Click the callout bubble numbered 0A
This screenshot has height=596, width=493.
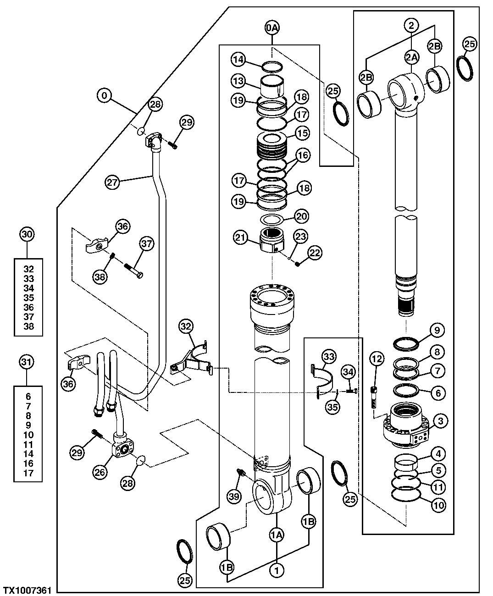[x=272, y=28]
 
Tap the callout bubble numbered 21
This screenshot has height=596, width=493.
[x=240, y=237]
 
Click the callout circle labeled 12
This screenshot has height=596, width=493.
[x=377, y=359]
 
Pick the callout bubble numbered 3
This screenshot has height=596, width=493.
[x=439, y=420]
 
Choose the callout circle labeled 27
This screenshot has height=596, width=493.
[x=112, y=182]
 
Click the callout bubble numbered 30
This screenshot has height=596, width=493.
[x=27, y=234]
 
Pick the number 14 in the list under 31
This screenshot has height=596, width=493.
[x=28, y=454]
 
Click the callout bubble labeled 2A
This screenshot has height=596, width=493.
[x=411, y=57]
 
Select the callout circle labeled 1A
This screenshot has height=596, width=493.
[x=277, y=535]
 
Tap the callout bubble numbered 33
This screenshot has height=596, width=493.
[x=328, y=356]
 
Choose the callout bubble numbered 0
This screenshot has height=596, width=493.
[x=105, y=96]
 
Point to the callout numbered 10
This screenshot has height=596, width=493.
[x=439, y=505]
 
